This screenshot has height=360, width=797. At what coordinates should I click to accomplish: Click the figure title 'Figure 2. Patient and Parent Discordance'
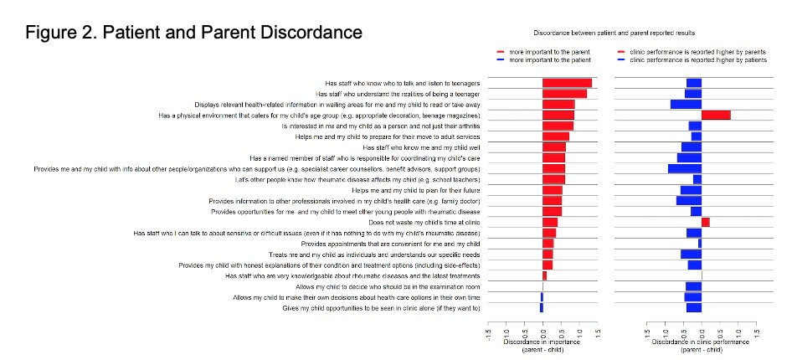(x=193, y=33)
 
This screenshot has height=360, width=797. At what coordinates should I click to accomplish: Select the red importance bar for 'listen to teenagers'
(x=567, y=83)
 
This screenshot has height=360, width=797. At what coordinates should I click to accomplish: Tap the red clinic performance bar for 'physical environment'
(x=716, y=115)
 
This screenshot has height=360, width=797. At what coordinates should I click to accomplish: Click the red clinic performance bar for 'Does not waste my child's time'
(x=706, y=222)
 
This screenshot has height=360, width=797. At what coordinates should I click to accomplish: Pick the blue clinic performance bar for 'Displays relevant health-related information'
(x=686, y=104)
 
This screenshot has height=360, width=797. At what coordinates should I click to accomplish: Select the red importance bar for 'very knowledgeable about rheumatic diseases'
(x=544, y=275)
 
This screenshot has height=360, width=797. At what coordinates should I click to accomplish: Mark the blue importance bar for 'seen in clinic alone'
(x=541, y=308)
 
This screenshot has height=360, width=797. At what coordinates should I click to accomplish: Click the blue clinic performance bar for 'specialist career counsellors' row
(x=684, y=168)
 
